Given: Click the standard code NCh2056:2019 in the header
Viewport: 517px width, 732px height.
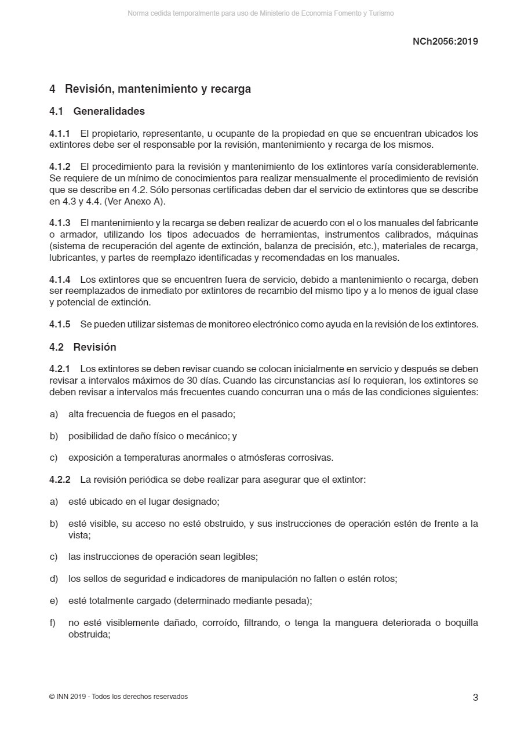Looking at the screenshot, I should click(445, 41).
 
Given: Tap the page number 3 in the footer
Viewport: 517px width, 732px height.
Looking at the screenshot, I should click(475, 697).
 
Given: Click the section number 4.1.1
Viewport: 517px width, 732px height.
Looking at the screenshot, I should click(60, 134).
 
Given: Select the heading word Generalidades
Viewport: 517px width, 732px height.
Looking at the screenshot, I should click(109, 111).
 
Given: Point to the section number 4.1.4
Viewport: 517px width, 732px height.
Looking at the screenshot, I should click(60, 279).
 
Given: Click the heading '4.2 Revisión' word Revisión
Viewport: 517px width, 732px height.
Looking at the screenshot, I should click(94, 347).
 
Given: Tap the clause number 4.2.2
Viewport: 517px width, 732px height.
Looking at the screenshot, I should click(60, 480).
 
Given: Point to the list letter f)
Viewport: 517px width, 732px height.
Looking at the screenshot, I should click(53, 623).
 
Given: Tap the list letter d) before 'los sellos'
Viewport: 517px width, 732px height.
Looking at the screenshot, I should click(54, 579).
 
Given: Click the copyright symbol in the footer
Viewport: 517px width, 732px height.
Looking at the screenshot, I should click(52, 697).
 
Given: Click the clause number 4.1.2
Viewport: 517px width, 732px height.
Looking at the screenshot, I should click(60, 167).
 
